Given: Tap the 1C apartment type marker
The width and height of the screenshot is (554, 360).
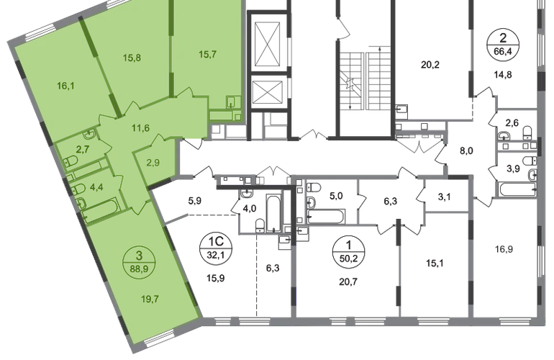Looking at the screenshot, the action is (216, 241).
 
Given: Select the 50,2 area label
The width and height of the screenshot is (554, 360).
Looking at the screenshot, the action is (350, 258).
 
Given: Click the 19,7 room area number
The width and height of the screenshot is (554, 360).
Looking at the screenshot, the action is (150, 300).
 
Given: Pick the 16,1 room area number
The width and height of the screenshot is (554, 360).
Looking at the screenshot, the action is (65, 86).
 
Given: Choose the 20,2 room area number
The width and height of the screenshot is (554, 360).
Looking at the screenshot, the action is (430, 65).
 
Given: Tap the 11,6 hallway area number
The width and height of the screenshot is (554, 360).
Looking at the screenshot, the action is (140, 128).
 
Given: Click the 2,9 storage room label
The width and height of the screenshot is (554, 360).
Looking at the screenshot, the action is (153, 163).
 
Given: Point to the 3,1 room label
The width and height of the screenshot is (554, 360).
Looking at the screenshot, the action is (444, 197).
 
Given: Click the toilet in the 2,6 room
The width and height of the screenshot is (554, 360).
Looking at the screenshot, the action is (527, 132).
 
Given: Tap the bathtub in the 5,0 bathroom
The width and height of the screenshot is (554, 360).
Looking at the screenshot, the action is (325, 217).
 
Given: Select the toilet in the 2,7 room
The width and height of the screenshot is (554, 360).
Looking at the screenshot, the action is (71, 161).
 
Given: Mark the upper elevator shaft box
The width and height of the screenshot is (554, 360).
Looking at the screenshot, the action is (267, 43).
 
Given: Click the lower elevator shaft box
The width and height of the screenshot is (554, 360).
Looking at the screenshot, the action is (267, 91).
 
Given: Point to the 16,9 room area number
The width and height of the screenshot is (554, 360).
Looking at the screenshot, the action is (504, 249).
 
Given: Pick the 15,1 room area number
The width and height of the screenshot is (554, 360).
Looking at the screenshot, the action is (435, 264).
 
